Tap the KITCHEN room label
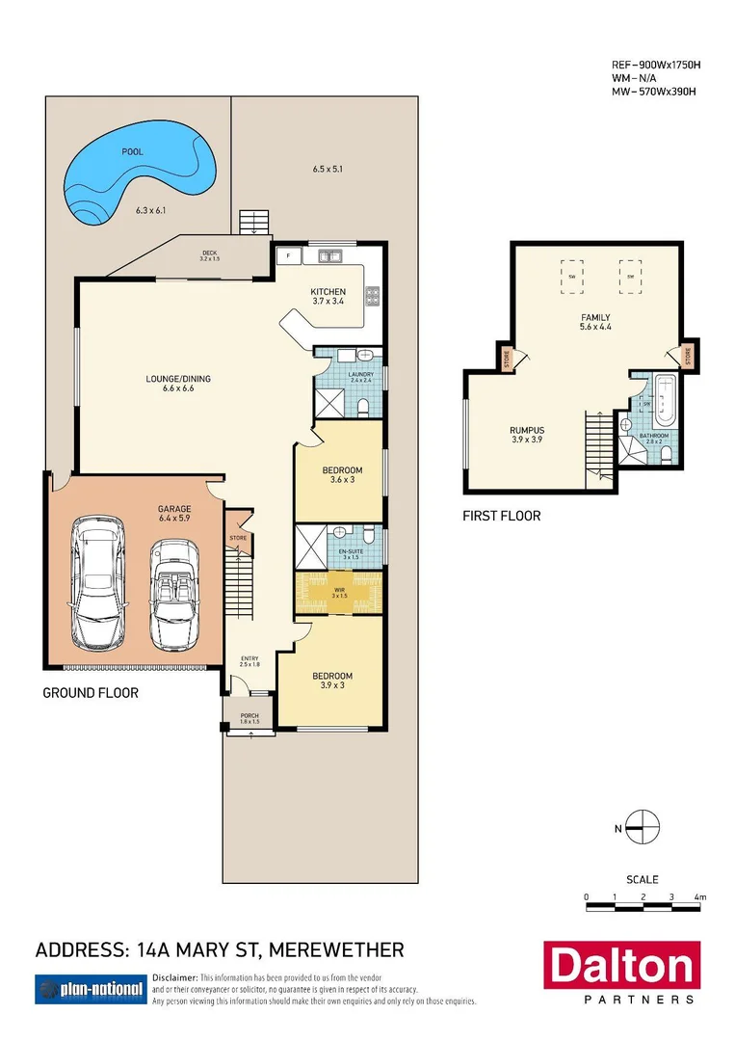[x=328, y=292]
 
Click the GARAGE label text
[x=174, y=509]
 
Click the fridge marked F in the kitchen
[x=288, y=257]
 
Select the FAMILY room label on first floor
[x=594, y=318]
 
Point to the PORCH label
[x=249, y=717]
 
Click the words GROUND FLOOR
[x=91, y=692]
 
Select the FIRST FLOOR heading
[x=502, y=517]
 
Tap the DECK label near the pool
[x=210, y=254]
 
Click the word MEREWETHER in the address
[x=336, y=950]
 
